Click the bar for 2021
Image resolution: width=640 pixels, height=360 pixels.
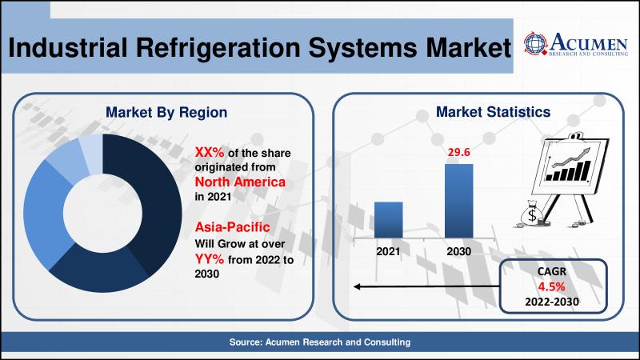point(388,219)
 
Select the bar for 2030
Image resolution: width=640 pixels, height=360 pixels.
point(458,201)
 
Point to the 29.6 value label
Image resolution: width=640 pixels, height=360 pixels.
point(458,152)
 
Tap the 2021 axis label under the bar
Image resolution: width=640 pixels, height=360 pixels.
point(388,251)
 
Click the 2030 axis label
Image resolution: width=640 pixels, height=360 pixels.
point(458,251)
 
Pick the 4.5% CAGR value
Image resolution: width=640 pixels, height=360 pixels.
point(551,286)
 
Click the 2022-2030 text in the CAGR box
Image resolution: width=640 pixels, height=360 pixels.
point(552,302)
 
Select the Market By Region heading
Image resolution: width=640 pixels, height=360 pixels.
point(166,112)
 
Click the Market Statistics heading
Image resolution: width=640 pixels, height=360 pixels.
point(493,112)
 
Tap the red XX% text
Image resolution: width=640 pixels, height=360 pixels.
point(210,152)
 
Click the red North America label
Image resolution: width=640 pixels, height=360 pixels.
point(240,182)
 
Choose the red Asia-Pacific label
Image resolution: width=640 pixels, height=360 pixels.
point(232,227)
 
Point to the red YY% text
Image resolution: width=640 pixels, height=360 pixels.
point(210,258)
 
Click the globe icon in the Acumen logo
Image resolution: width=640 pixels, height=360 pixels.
point(535,43)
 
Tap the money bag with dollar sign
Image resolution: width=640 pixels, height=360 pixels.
point(532,214)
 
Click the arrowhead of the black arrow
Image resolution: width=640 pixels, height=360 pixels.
point(357,286)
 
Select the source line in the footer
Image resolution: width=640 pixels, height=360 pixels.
point(319,342)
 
